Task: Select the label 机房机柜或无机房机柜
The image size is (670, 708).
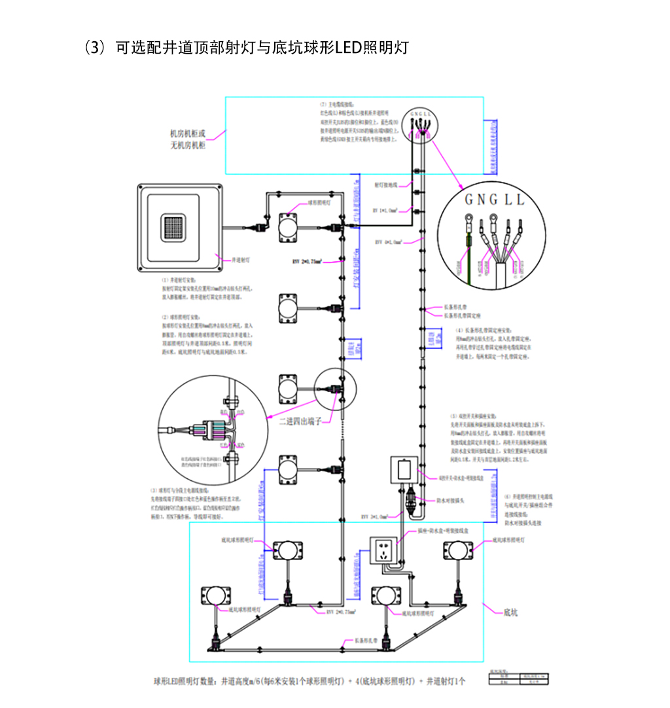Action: coord(188,140)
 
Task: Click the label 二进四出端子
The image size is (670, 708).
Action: coord(302,421)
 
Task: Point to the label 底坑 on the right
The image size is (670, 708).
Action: coord(510,613)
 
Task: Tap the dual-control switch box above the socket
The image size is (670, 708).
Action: coord(404,470)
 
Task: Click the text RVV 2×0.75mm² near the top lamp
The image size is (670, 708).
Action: coord(308,261)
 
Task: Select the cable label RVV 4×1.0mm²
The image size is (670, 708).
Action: coord(387,242)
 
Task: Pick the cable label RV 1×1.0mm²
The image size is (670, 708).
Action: coord(385,211)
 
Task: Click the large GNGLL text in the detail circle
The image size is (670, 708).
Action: coord(494,200)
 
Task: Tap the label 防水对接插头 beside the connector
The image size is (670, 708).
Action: coord(450,501)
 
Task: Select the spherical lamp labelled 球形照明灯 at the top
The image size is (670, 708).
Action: coord(288,226)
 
